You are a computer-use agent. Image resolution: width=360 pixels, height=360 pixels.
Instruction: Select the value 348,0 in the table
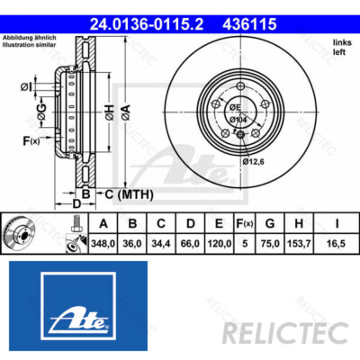(104, 242)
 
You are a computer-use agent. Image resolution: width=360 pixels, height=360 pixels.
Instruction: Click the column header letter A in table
(104, 224)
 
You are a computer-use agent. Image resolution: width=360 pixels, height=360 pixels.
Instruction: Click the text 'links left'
(341, 46)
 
